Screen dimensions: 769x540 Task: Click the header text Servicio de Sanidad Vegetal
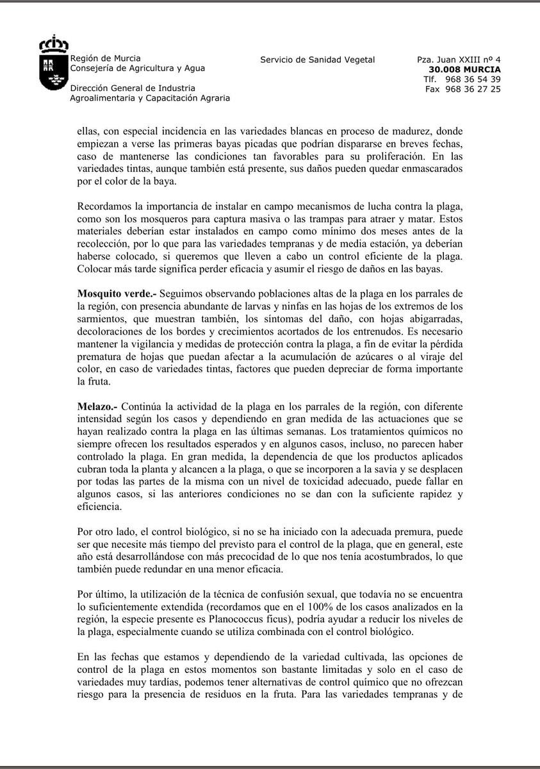click(317, 60)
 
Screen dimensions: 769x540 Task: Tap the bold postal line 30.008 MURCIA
click(465, 69)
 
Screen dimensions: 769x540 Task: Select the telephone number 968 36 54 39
click(473, 79)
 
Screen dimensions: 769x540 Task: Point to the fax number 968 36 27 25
click(473, 89)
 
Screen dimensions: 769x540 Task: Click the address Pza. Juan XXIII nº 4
click(459, 60)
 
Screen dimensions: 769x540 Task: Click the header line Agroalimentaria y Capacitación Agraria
click(149, 98)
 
